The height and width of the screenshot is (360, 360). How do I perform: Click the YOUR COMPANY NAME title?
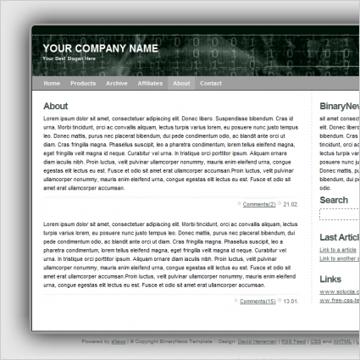[x=100, y=48]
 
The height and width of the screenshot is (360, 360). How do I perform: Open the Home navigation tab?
[x=52, y=84]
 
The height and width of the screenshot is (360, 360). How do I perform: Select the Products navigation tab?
[x=83, y=84]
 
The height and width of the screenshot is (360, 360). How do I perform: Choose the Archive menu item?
[x=117, y=84]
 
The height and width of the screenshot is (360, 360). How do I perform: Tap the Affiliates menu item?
[x=150, y=84]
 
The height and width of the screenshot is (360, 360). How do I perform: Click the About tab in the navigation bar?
[x=181, y=84]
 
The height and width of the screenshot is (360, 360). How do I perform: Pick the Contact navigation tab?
[x=211, y=84]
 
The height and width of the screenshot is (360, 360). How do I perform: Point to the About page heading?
[x=55, y=106]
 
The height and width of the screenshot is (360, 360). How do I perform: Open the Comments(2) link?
[x=259, y=204]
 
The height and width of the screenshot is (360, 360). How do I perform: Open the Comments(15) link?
[x=258, y=302]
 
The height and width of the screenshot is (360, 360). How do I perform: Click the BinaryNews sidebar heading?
[x=339, y=106]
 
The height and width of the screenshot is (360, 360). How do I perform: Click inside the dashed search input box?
[x=340, y=215]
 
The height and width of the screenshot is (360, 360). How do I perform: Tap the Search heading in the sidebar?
[x=334, y=201]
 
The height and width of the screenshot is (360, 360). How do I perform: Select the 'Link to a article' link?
[x=338, y=251]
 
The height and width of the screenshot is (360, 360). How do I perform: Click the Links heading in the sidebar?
[x=330, y=278]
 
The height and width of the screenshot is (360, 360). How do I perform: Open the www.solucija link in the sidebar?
[x=339, y=291]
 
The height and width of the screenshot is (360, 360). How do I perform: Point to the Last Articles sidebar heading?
[x=339, y=238]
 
